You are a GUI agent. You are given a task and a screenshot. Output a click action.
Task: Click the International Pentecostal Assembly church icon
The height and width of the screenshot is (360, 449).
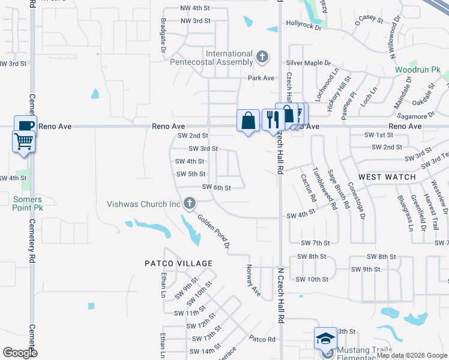262,58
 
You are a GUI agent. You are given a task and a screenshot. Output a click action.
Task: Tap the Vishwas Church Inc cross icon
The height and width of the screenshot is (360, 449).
190,204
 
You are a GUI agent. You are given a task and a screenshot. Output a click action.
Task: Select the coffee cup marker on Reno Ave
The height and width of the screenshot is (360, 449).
25,126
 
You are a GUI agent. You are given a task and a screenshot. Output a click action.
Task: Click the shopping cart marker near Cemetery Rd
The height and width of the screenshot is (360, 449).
23,142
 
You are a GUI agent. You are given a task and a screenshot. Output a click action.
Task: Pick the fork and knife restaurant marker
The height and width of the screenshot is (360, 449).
273,119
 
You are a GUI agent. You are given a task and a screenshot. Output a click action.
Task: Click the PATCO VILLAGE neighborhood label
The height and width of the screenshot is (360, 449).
179,263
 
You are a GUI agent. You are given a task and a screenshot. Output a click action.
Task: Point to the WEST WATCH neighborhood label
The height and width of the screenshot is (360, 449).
387,177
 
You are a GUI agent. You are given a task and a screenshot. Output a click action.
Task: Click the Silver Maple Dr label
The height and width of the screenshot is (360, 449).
309,62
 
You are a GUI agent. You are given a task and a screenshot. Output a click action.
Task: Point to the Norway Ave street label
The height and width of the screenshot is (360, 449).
254,281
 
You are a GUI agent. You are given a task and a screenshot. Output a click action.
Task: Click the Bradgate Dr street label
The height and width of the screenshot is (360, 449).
163,35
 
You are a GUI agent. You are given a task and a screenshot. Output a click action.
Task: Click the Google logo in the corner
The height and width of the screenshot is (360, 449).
20,352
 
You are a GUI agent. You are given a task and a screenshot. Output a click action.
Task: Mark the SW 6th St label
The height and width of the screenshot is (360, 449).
217,187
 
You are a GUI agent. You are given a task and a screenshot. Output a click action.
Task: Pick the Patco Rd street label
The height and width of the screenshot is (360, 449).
262,339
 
